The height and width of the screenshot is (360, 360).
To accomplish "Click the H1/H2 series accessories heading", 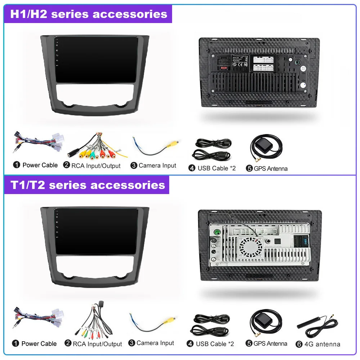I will (x=89, y=14).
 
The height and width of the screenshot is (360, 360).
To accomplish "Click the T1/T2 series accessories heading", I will (x=87, y=185).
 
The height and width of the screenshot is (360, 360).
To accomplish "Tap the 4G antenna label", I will (x=322, y=344).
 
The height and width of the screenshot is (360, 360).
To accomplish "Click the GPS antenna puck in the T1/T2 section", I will (x=261, y=320).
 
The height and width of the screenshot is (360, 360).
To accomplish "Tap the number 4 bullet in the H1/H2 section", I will (x=192, y=168).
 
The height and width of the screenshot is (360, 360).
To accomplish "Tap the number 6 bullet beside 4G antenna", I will (x=299, y=344).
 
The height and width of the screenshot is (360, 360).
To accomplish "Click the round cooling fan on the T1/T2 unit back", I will (x=251, y=247).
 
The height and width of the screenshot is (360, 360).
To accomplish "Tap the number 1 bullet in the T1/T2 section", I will (x=15, y=343).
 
